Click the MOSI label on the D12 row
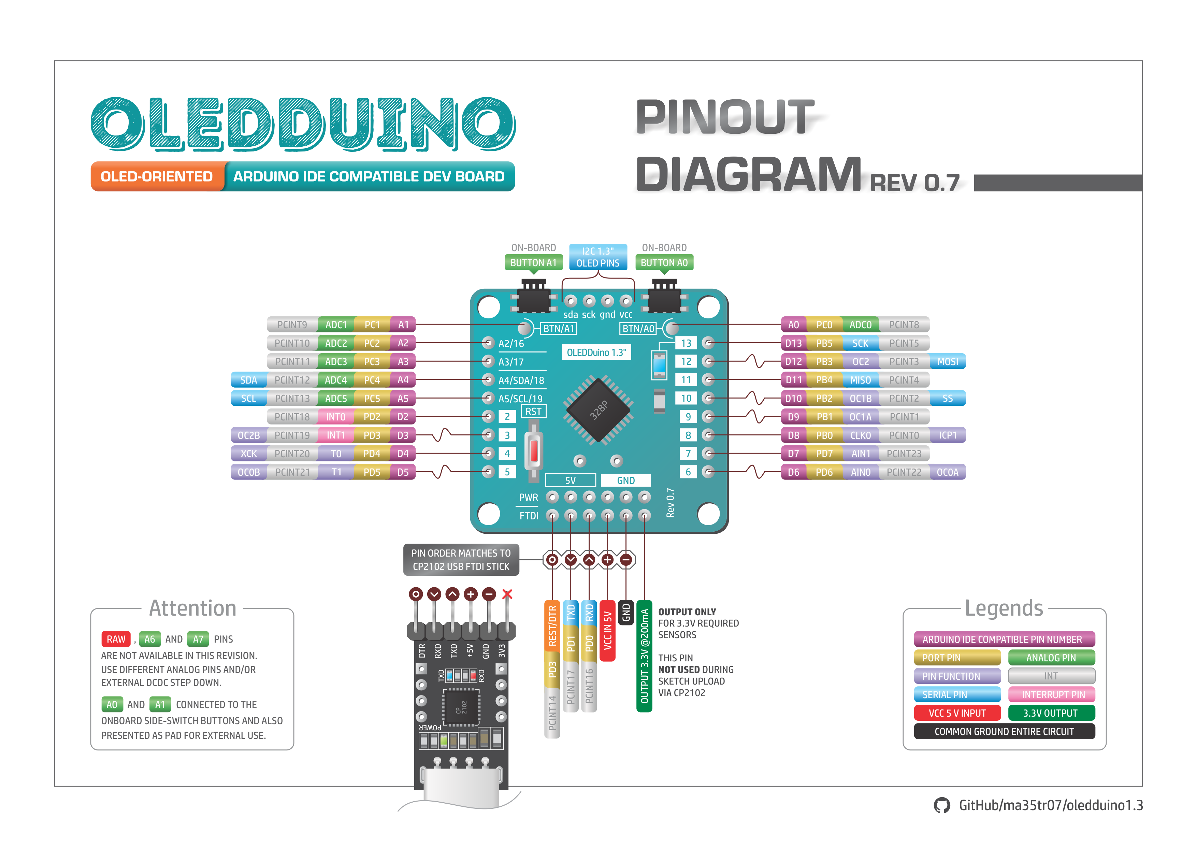pyautogui.click(x=947, y=361)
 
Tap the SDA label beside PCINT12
pyautogui.click(x=249, y=380)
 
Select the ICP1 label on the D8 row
pyautogui.click(x=947, y=435)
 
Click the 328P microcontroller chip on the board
pyautogui.click(x=598, y=410)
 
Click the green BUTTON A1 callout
pyautogui.click(x=533, y=262)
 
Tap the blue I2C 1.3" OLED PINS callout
pyautogui.click(x=598, y=257)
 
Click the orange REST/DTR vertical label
pyautogui.click(x=552, y=626)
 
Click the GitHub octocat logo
pyautogui.click(x=941, y=805)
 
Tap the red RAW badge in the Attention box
pyautogui.click(x=116, y=639)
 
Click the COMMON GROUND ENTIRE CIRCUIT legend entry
pyautogui.click(x=1004, y=731)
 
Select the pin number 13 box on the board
pyautogui.click(x=686, y=343)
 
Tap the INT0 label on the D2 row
pyautogui.click(x=336, y=417)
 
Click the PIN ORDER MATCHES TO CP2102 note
pyautogui.click(x=461, y=560)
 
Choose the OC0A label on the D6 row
pyautogui.click(x=947, y=472)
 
